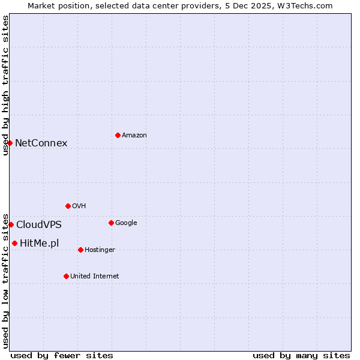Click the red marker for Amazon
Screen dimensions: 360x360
118,135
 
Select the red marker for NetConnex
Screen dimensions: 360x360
10,143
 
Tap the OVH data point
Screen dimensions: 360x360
68,206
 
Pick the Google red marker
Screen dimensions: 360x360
111,223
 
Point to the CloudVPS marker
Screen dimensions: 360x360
11,224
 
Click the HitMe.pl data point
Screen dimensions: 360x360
14,243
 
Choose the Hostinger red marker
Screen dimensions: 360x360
80,250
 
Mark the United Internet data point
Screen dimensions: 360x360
66,276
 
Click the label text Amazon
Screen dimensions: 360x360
134,136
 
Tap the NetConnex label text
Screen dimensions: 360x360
41,143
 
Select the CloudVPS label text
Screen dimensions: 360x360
39,225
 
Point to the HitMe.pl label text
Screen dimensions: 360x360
40,244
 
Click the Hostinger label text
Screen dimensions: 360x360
100,250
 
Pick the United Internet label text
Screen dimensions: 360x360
95,277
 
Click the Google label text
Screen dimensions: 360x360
126,223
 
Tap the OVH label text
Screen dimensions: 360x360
79,206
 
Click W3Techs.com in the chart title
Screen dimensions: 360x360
306,5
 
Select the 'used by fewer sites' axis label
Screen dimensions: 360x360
62,355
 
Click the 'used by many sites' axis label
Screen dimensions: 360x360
301,355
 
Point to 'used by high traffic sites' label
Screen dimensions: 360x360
5,85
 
